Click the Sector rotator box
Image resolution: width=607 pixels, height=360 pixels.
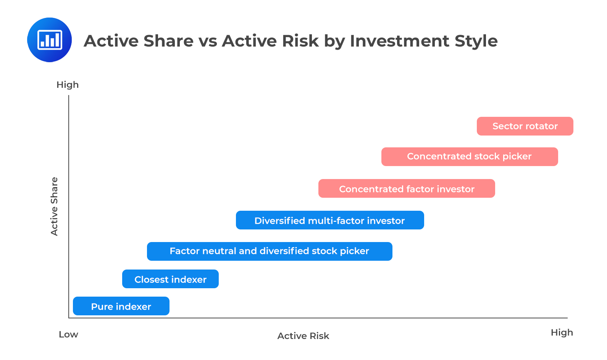pyautogui.click(x=525, y=126)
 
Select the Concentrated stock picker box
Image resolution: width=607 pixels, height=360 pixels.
pyautogui.click(x=469, y=157)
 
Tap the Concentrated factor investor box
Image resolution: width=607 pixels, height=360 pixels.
pyautogui.click(x=406, y=189)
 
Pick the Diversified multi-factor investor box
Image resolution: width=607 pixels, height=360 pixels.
pyautogui.click(x=329, y=220)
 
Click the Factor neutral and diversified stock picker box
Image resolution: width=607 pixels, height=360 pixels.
pyautogui.click(x=269, y=251)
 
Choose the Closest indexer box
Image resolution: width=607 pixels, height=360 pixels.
pyautogui.click(x=170, y=279)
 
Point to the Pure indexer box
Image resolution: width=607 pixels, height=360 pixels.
pyautogui.click(x=121, y=306)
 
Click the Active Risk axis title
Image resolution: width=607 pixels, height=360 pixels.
pyautogui.click(x=303, y=336)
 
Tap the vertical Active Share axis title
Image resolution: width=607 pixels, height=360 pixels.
pyautogui.click(x=54, y=207)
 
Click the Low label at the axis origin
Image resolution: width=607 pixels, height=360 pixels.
pyautogui.click(x=68, y=334)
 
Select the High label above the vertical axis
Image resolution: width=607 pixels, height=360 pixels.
pyautogui.click(x=68, y=85)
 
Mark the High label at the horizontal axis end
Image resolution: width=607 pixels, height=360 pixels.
pyautogui.click(x=562, y=333)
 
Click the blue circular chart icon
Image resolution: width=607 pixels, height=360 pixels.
pyautogui.click(x=50, y=40)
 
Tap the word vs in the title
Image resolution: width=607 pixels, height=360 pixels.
pyautogui.click(x=208, y=41)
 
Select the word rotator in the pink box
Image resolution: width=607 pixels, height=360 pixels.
pyautogui.click(x=541, y=126)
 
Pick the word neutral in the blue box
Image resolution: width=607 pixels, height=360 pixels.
pyautogui.click(x=219, y=251)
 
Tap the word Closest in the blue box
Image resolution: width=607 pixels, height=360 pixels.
pyautogui.click(x=152, y=279)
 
